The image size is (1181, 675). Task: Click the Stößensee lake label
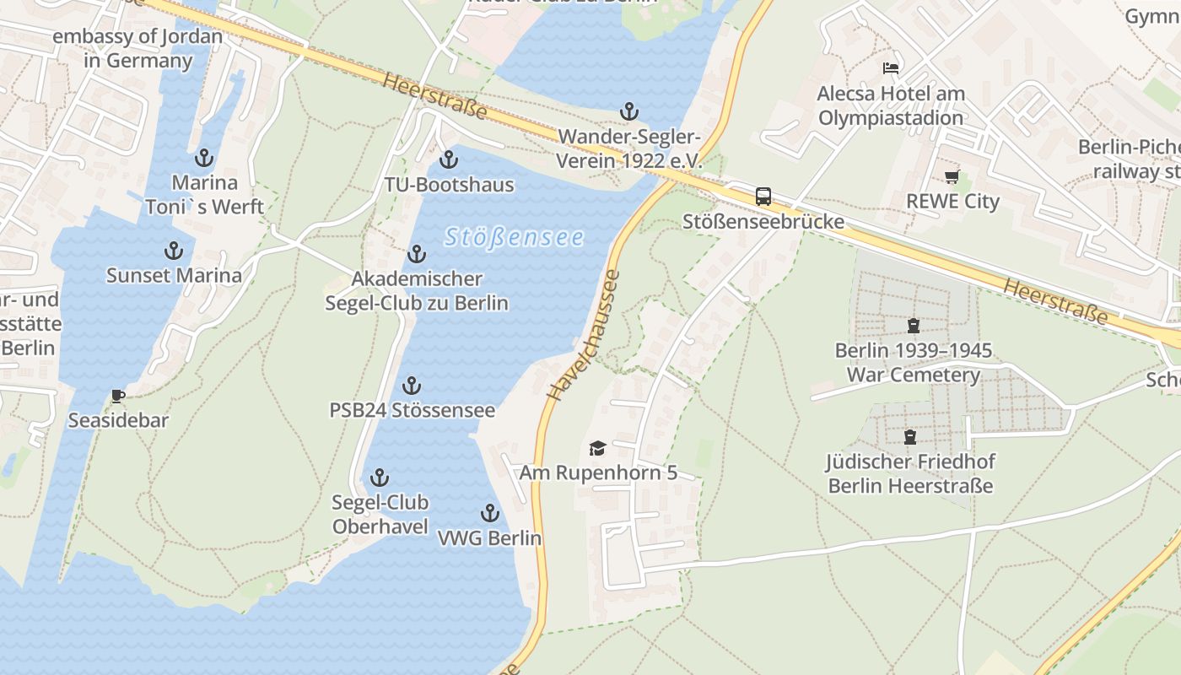tap(514, 237)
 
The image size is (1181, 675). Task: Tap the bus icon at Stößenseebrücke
tap(763, 197)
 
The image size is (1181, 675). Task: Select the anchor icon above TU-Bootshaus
tap(449, 159)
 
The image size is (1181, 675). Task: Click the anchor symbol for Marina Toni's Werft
tap(203, 158)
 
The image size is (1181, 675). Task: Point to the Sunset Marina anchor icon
tap(173, 251)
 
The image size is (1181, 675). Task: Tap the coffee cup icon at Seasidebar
tap(118, 396)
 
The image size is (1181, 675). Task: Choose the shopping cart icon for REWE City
tap(952, 176)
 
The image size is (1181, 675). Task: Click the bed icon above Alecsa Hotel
tap(891, 67)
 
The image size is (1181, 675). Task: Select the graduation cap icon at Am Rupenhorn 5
tap(597, 448)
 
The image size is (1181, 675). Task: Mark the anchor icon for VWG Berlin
tap(489, 513)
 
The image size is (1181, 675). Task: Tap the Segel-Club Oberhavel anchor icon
tap(380, 478)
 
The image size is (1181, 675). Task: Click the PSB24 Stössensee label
tap(412, 411)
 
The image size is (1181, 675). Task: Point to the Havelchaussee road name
tap(583, 335)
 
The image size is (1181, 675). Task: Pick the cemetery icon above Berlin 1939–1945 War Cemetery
tap(913, 325)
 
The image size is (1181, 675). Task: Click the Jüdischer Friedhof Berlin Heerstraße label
tap(910, 473)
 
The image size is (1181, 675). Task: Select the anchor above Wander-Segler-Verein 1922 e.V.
tap(628, 111)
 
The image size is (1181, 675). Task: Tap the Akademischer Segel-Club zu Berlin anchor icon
tap(417, 254)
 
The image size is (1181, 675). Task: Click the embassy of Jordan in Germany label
tap(138, 48)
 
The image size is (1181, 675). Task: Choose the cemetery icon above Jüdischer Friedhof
tap(910, 437)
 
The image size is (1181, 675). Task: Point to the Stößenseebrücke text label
tap(763, 221)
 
